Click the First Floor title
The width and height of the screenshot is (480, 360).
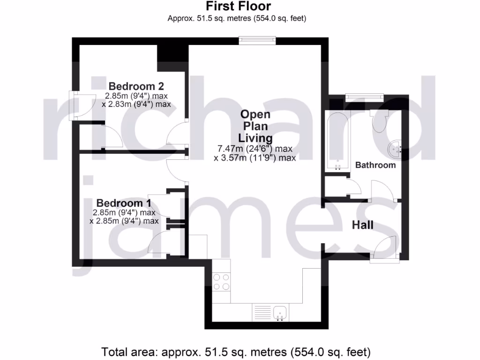point(238,7)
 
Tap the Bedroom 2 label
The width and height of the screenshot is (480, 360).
point(136,86)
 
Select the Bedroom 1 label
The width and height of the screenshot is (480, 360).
point(124,203)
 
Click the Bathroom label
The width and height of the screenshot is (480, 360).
point(375,165)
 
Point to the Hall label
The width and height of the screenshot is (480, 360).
point(363,225)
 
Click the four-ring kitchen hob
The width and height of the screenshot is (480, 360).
point(221,281)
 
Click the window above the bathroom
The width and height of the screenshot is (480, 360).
point(364,97)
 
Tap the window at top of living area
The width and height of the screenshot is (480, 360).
point(257,41)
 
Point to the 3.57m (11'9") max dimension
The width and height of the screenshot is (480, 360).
point(255,158)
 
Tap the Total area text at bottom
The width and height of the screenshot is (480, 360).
point(236,351)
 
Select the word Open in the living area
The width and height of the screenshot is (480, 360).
point(255,114)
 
